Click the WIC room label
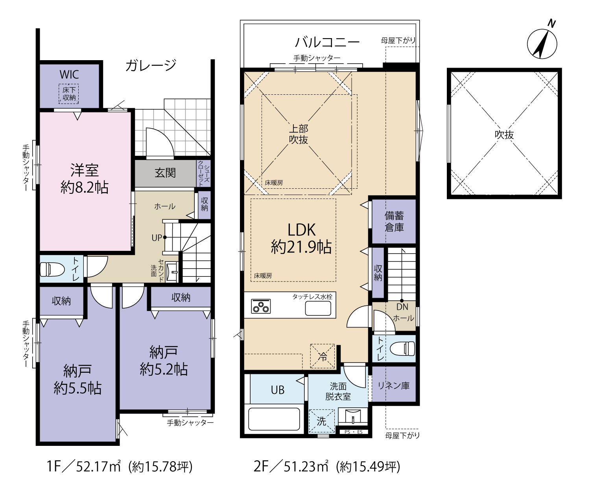tap(69, 75)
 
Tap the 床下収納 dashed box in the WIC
tap(69, 94)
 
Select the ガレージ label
tap(151, 65)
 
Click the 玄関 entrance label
tap(165, 173)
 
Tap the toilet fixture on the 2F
tap(403, 348)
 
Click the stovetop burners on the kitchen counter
tap(261, 306)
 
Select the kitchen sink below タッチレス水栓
tap(318, 308)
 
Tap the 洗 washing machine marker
tap(322, 421)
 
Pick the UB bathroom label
tap(277, 390)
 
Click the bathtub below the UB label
tap(274, 419)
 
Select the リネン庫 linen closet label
tap(394, 385)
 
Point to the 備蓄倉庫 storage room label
tap(394, 221)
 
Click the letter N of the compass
tap(551, 24)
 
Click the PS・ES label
tap(354, 432)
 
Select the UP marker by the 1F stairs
tap(157, 237)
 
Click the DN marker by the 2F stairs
tap(402, 307)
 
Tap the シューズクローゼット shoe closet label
tap(204, 173)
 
